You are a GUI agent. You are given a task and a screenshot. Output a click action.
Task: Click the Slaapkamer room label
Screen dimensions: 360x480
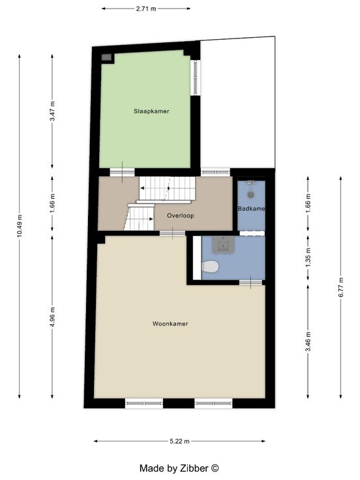[x=151, y=111]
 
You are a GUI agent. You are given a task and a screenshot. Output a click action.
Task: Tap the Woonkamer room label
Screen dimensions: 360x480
[x=170, y=323]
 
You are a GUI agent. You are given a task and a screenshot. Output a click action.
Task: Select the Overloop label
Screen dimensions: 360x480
[x=180, y=215]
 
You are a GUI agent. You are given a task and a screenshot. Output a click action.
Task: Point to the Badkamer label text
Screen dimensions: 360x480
[x=251, y=209]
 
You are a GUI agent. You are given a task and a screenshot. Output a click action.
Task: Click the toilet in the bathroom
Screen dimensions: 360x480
[x=211, y=266]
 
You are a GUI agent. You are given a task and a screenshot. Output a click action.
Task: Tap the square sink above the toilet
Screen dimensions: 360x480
[x=224, y=245]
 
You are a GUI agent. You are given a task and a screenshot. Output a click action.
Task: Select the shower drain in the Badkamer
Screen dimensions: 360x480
[x=251, y=194]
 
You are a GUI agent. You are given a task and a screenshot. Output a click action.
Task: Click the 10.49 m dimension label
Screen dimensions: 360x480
[x=20, y=226]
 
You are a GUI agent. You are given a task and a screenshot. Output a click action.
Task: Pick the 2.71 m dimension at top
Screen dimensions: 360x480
[x=146, y=8]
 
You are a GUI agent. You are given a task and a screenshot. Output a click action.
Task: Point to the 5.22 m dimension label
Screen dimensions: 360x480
[x=179, y=441]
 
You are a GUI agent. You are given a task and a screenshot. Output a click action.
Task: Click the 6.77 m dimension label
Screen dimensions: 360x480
[x=340, y=286]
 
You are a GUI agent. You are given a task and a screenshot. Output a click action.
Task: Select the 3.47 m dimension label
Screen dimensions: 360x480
[x=52, y=111]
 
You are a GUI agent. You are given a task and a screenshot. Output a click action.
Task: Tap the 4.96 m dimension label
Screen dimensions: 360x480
[x=52, y=317]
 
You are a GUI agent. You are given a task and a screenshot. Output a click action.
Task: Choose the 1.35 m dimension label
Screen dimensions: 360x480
[x=308, y=257]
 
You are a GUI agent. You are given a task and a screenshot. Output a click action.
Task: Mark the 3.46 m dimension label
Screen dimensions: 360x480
[x=308, y=341]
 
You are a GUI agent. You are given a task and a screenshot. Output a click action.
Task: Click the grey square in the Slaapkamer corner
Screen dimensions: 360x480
[x=106, y=57]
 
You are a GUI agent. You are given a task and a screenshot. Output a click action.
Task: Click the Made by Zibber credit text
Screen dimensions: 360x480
[x=179, y=468]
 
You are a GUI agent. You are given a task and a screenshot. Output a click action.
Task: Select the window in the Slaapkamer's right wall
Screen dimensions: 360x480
[x=195, y=78]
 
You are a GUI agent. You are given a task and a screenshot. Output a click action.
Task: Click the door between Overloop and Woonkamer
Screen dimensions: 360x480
[x=172, y=233]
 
